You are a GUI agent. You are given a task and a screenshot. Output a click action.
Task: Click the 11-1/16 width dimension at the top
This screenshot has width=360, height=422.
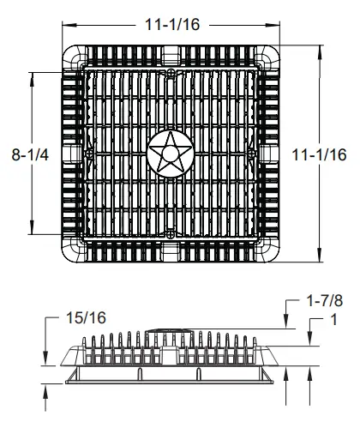pyautogui.click(x=172, y=24)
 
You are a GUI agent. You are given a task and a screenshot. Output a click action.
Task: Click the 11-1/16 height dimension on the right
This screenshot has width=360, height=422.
pyautogui.click(x=319, y=154)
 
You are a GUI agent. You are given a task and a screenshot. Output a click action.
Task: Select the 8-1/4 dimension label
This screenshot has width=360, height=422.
pyautogui.click(x=30, y=154)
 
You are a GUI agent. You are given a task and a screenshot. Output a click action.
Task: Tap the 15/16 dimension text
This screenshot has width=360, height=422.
pyautogui.click(x=86, y=317)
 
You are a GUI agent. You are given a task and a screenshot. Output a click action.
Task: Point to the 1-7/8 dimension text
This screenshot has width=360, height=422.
pyautogui.click(x=324, y=301)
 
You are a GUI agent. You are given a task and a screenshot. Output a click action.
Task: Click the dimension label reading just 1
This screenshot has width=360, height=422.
pyautogui.click(x=333, y=319)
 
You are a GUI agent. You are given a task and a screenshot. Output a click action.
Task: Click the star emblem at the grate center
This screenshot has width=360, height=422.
pyautogui.click(x=171, y=154)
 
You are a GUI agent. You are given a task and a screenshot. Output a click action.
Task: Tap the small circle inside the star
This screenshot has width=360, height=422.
pyautogui.click(x=171, y=154)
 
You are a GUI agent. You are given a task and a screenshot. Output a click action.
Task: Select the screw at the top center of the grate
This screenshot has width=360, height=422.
pyautogui.click(x=171, y=73)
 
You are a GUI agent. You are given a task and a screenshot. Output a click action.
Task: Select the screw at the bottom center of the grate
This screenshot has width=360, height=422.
pyautogui.click(x=171, y=235)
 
